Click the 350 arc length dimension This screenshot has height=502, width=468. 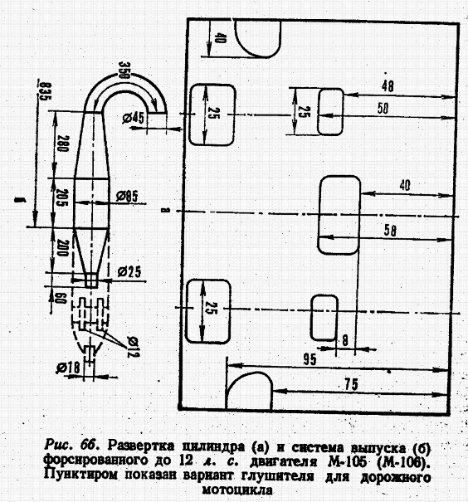coord(124,71)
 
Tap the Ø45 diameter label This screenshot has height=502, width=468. coord(133,118)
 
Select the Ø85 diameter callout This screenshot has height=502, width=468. coord(127,196)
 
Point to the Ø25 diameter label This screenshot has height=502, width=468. coord(129,272)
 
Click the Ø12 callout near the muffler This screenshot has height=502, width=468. coord(133,347)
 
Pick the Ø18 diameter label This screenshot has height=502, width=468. coord(68,367)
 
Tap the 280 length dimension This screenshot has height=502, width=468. coord(62,143)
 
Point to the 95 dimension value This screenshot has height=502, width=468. coord(310,359)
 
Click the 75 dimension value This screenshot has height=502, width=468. coord(351,384)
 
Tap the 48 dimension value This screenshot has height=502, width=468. coord(388,85)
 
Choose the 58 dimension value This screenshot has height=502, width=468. coord(390,231)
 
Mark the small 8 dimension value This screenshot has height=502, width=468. coord(344,341)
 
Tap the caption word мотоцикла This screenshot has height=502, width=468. coord(238,490)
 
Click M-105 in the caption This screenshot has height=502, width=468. coord(346,462)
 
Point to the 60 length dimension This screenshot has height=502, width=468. coord(61,300)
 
